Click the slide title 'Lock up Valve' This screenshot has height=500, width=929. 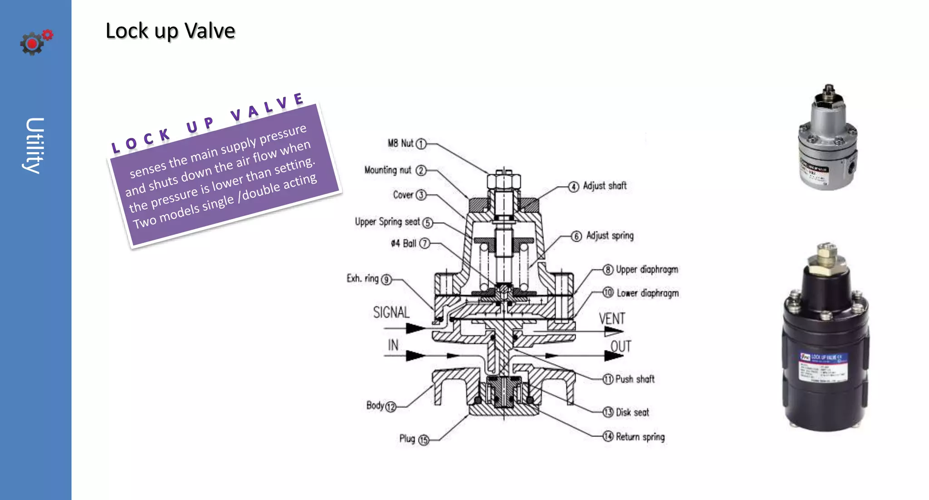pos(170,31)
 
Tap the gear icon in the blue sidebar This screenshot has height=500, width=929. pos(33,44)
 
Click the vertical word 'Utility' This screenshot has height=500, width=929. pos(34,146)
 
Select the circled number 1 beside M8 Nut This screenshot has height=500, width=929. pos(421,144)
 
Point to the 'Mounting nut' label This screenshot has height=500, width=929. pos(387,170)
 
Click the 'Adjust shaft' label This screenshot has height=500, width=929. pos(604,186)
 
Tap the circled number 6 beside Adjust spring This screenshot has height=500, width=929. pos(576,237)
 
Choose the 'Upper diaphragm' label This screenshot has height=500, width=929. pos(646,270)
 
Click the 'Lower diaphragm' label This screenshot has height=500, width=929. pos(647,293)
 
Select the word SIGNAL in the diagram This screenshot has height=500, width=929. pos(391,312)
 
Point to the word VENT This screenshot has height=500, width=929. pos(611,319)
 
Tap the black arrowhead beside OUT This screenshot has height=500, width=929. pos(613,356)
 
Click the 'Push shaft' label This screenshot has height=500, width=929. pos(635,379)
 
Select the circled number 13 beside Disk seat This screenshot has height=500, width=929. pos(608,412)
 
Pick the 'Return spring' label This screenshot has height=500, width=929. pos(640,437)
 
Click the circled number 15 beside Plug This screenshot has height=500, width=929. pos(424,440)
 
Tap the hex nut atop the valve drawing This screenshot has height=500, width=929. pos(504,181)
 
